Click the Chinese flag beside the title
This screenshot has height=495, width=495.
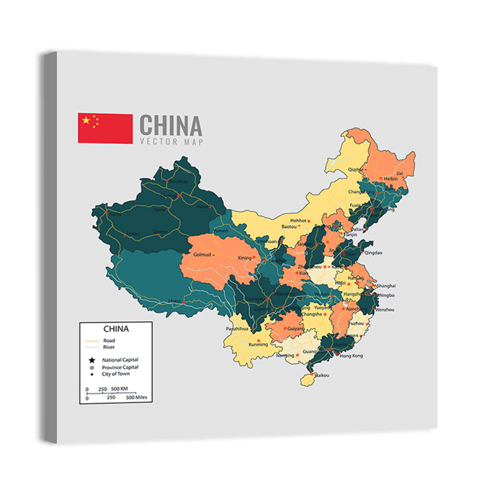click(105, 128)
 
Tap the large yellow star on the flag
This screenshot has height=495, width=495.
click(87, 120)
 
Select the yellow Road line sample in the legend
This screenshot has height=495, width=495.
click(92, 341)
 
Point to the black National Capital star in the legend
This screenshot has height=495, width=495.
click(92, 360)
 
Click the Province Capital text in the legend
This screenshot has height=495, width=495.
click(120, 367)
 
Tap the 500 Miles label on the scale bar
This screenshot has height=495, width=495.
click(137, 397)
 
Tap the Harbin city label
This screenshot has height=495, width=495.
click(391, 178)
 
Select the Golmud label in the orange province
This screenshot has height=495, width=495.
click(202, 254)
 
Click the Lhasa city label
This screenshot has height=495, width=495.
click(174, 300)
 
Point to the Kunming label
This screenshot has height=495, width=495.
click(258, 345)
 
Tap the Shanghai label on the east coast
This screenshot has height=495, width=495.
click(386, 286)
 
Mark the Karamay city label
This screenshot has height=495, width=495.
click(179, 182)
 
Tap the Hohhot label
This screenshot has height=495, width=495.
click(299, 220)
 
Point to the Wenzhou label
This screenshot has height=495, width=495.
click(385, 309)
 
